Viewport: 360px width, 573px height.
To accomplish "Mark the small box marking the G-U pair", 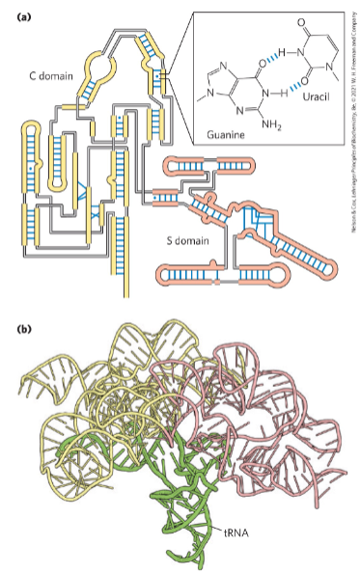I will tap(165, 74).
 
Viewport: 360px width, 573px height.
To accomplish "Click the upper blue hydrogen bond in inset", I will tap(271, 57).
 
